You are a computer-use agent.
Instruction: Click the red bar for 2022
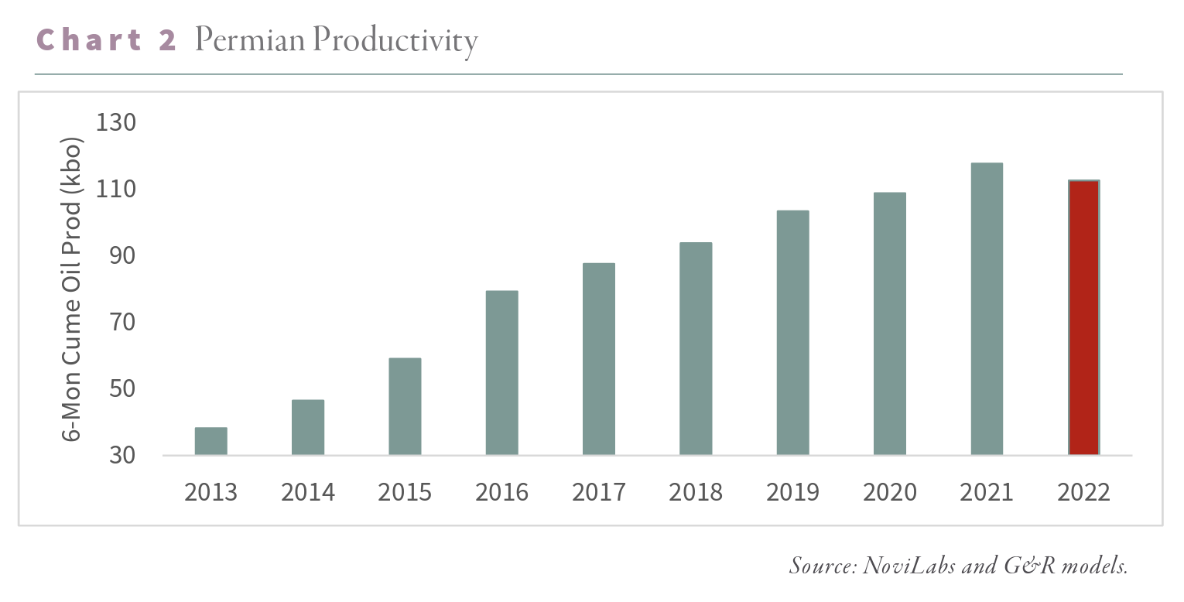(x=1083, y=317)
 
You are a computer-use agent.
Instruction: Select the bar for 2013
(x=210, y=441)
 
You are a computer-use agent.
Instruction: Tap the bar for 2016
(x=501, y=373)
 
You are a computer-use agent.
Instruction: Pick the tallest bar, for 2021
(x=987, y=309)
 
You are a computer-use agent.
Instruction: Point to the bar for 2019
(x=792, y=333)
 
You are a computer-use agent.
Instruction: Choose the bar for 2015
(x=405, y=406)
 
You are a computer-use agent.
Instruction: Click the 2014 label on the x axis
(x=308, y=492)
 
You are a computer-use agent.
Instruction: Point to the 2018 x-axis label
(x=696, y=492)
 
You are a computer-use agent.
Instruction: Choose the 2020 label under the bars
(x=890, y=492)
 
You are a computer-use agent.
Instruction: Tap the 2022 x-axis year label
(x=1083, y=492)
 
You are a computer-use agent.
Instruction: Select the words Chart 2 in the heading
(x=107, y=40)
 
